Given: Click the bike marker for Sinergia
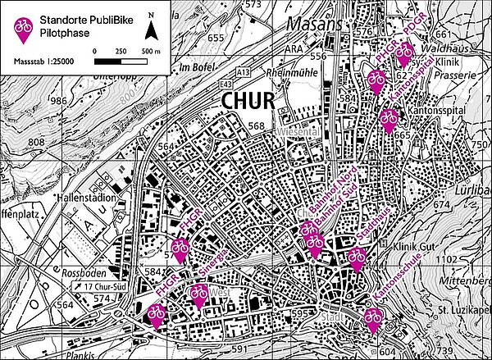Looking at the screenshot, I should pos(198,294).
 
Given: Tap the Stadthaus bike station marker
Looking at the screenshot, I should pos(356,259).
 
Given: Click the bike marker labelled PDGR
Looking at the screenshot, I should pos(403,55).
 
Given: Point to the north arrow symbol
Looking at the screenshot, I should pos(152,29).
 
